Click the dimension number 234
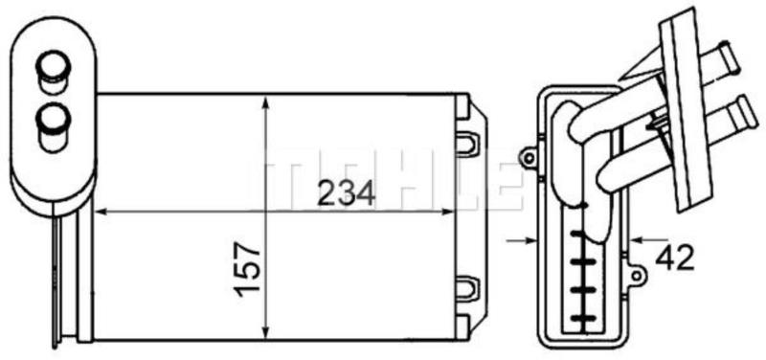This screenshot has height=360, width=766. coord(346,192)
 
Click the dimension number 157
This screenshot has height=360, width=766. coord(248,269)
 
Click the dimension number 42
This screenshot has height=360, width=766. coord(675,258)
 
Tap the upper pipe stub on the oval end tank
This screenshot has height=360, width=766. coord(54,71)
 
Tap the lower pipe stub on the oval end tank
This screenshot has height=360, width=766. coord(54,127)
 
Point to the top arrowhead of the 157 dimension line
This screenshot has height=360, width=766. coord(265,103)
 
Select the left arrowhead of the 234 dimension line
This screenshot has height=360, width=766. coord(101,212)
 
